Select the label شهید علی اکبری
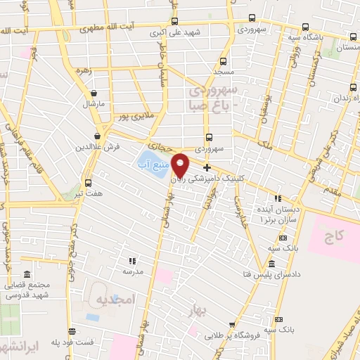coord(176,33)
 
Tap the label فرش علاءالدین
coord(98,148)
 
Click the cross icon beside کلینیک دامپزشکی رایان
coord(207,167)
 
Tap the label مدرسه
coord(133,271)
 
